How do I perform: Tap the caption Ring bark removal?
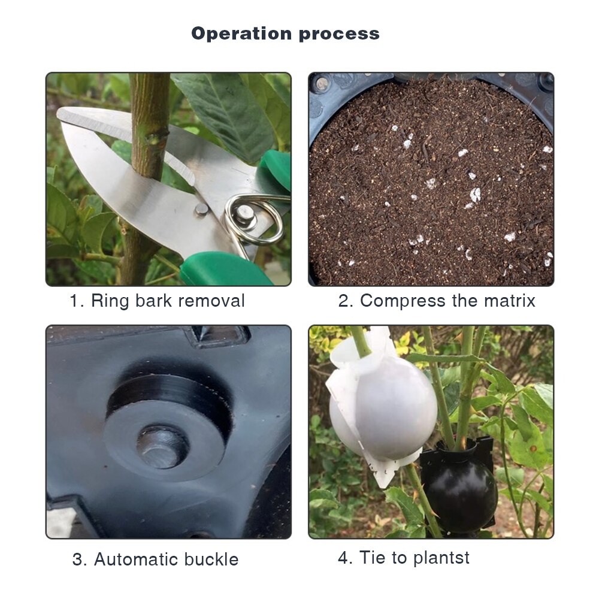tap(157, 301)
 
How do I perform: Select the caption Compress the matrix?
tap(437, 301)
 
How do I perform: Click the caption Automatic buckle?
tap(155, 560)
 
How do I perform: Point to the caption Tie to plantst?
tap(404, 558)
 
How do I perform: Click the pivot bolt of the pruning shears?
tap(202, 209)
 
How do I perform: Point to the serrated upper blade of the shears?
tap(96, 120)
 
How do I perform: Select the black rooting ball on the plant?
tap(458, 491)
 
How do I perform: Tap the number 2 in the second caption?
tap(344, 301)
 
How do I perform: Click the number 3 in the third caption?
tap(78, 560)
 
